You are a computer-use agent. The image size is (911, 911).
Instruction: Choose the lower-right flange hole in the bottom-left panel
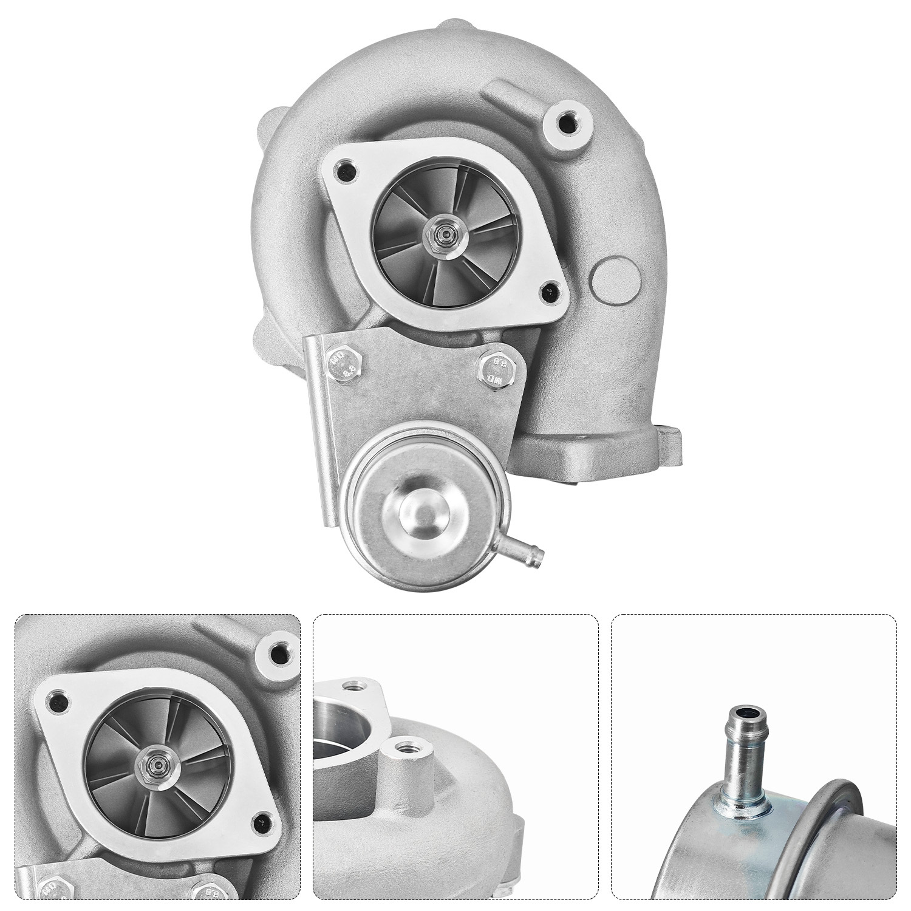tap(264, 820)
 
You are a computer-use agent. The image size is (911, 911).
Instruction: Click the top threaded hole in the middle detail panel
tap(352, 686)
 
